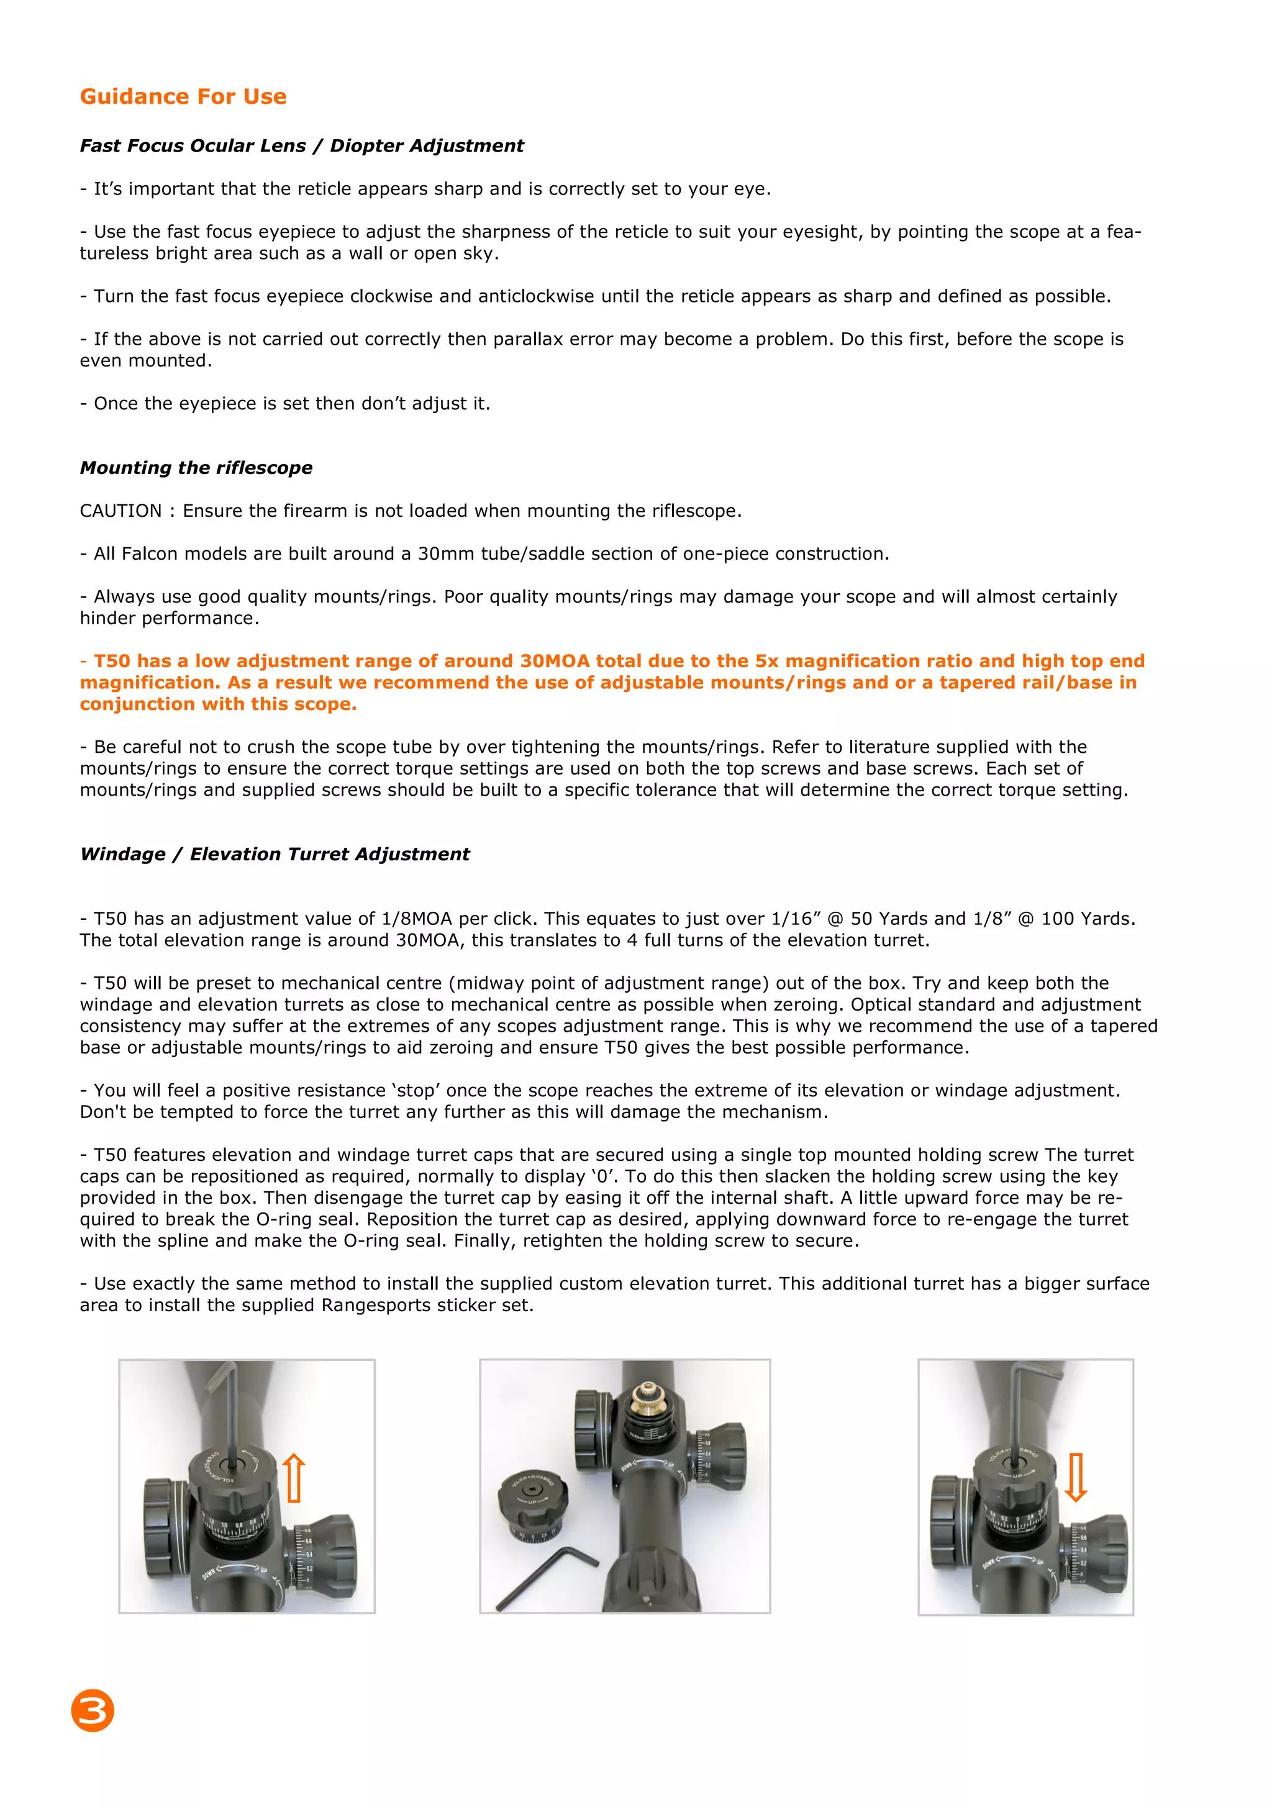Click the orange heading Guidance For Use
[x=183, y=97]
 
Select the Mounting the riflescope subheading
[x=196, y=468]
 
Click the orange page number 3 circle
[x=93, y=1710]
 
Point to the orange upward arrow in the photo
[x=293, y=1477]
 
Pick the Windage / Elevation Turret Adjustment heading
[x=275, y=855]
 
